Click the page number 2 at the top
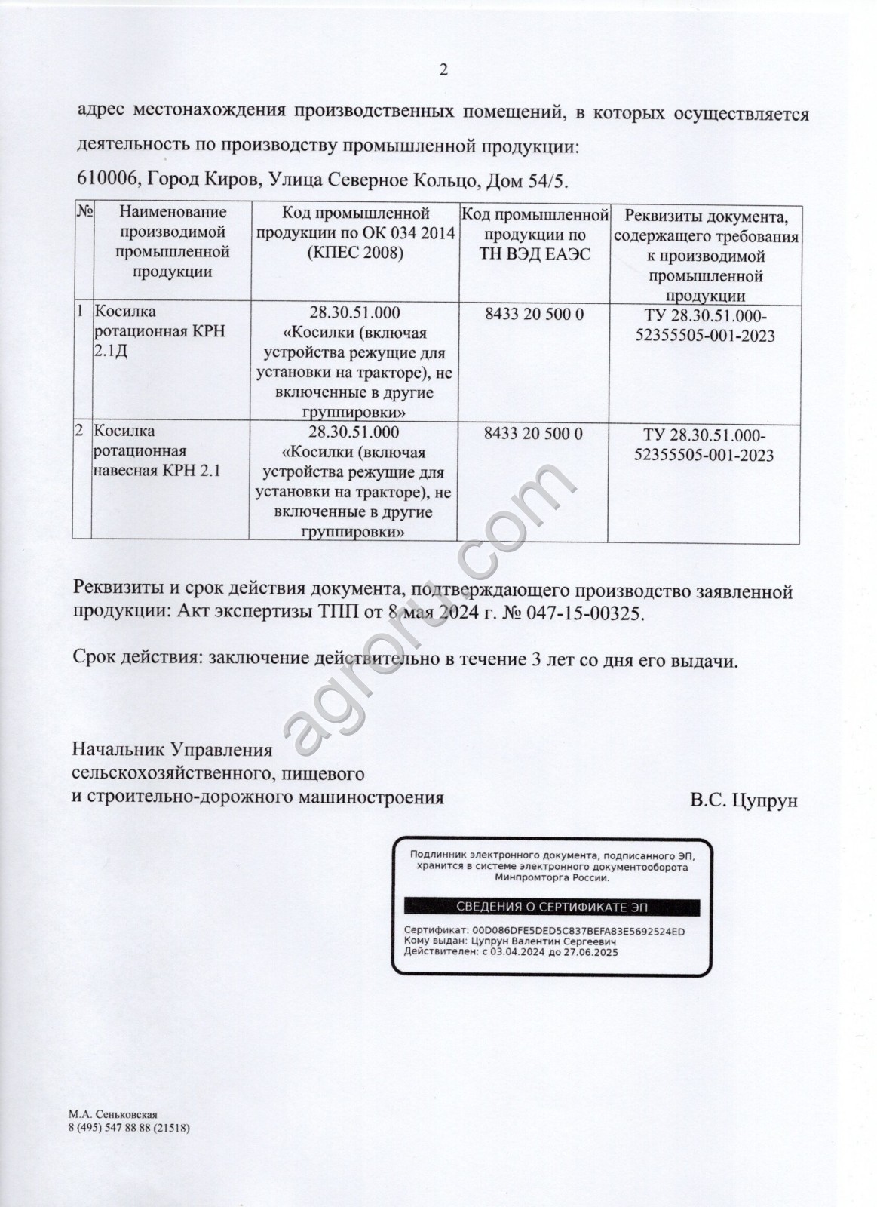(x=443, y=70)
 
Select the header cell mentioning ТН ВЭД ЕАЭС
(x=535, y=234)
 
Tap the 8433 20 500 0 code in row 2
(x=534, y=434)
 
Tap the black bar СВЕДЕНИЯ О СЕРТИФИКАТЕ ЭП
(x=552, y=906)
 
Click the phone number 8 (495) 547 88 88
(x=111, y=1127)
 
